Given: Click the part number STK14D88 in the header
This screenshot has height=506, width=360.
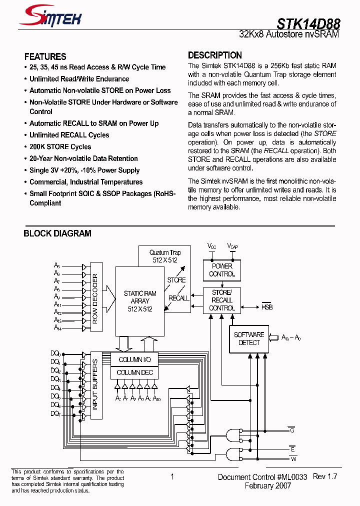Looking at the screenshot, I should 308,23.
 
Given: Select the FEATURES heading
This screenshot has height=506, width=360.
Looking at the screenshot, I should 45,56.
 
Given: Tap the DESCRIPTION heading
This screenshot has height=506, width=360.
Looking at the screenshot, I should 214,55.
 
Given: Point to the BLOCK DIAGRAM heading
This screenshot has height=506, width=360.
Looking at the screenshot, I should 57,233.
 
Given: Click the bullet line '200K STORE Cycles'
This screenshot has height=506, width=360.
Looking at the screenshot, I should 60,147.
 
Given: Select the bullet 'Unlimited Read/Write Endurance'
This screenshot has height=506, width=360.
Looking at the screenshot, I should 79,79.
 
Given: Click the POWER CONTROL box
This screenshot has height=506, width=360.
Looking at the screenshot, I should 222,270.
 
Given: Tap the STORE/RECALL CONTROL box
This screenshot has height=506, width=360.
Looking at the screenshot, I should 222,300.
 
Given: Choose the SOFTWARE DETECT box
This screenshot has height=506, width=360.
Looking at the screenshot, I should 248,338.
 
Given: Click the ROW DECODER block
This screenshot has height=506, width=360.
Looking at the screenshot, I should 95,298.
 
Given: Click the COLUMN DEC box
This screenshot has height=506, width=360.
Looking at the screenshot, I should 134,372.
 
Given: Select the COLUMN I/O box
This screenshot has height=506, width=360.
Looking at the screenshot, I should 134,359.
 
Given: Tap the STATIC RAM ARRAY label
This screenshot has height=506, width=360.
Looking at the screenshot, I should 140,301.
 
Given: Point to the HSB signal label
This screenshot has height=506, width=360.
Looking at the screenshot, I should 267,307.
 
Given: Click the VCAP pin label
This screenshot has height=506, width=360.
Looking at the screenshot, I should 232,246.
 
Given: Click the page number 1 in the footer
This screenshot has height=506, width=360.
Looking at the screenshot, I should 172,477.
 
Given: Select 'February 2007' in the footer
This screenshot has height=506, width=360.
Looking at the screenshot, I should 267,486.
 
